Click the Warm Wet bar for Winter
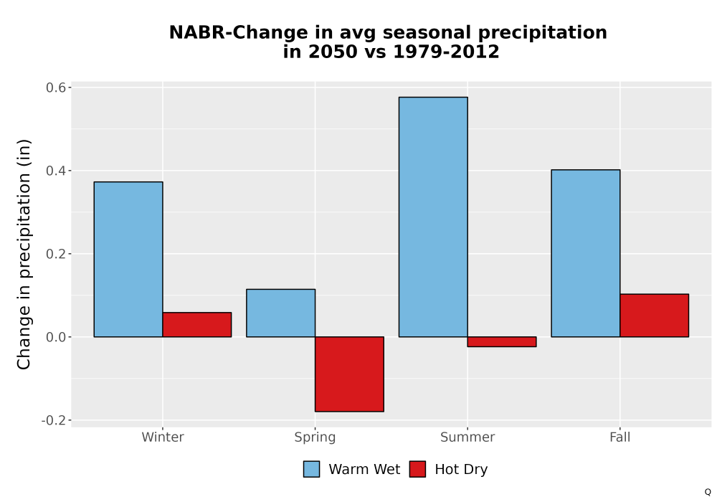point(128,259)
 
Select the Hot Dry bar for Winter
point(197,325)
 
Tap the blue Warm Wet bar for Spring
point(281,313)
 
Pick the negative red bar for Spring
point(349,374)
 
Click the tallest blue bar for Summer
point(433,217)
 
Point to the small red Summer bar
point(502,341)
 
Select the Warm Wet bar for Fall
point(586,253)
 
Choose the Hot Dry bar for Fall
point(655,316)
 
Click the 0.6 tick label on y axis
point(56,87)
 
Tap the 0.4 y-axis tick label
point(56,171)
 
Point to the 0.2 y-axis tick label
point(56,254)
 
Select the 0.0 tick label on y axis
point(56,337)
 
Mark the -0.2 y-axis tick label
point(54,420)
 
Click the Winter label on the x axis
point(163,437)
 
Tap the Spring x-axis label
point(315,437)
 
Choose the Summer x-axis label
point(467,437)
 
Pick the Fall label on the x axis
point(620,437)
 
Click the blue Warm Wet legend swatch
point(311,469)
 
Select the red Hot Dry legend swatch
point(417,469)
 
